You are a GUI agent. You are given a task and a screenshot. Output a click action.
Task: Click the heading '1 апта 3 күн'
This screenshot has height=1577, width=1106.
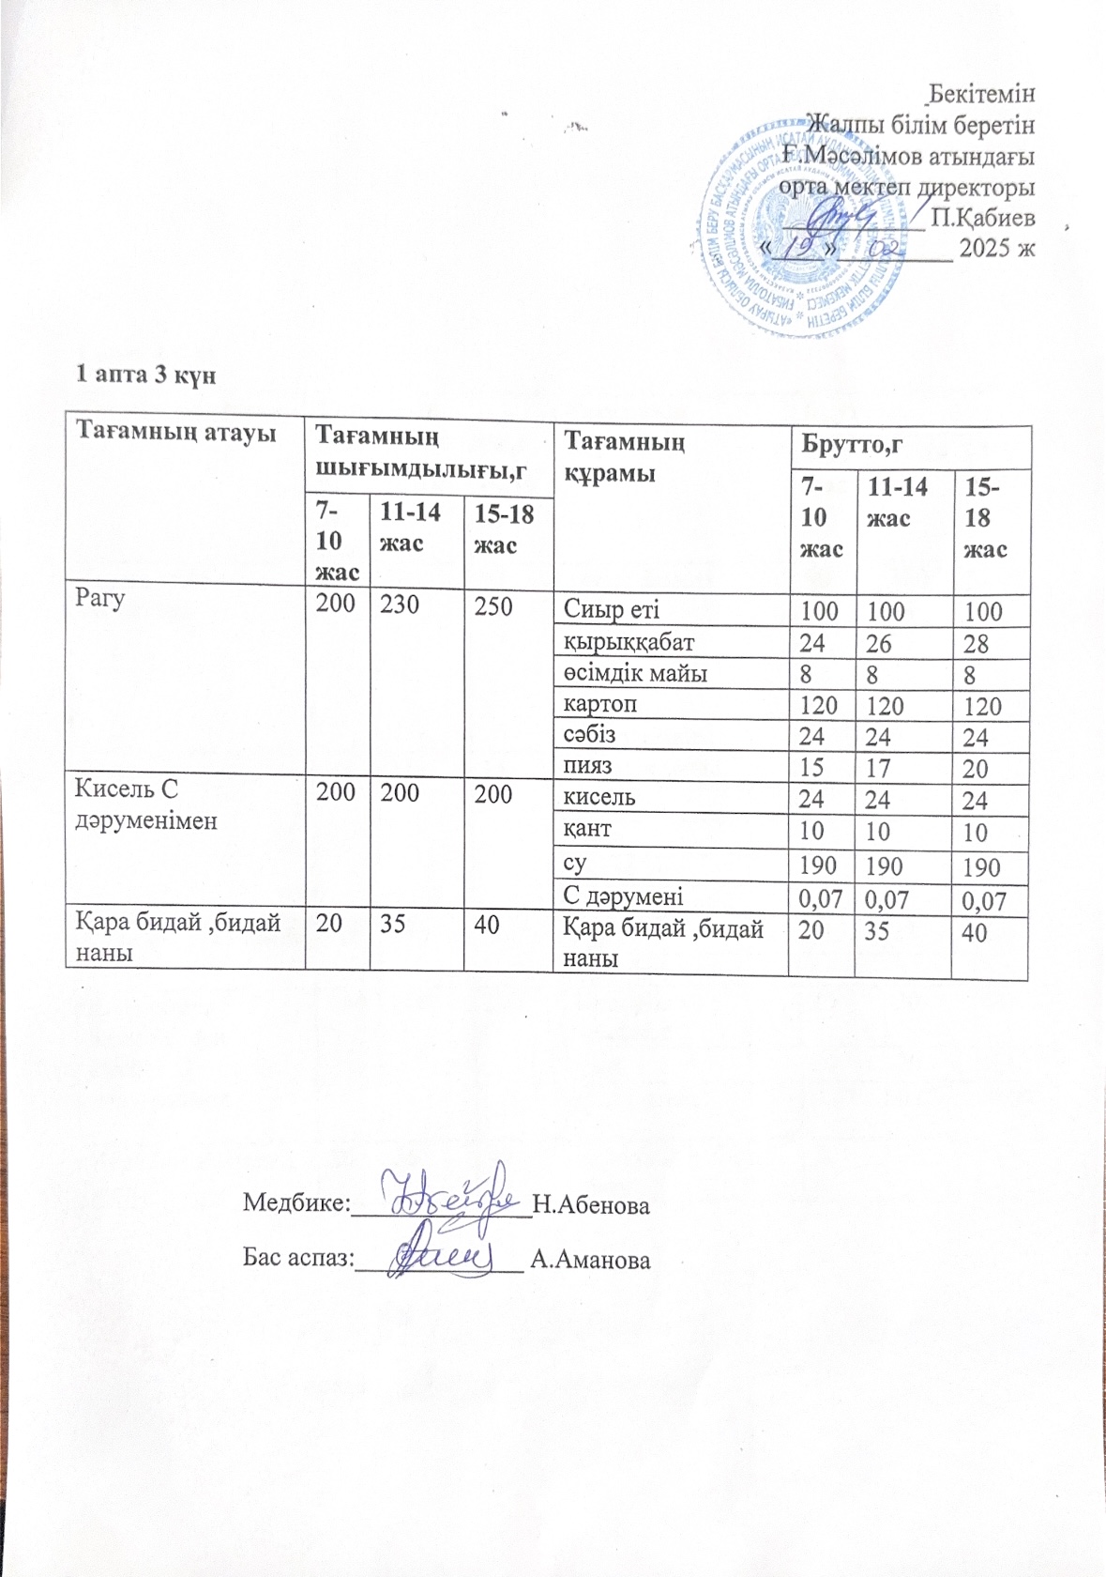145,374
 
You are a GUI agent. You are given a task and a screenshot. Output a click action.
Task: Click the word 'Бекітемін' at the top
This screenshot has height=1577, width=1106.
981,94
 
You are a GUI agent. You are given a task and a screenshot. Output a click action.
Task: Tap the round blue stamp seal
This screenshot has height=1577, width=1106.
802,230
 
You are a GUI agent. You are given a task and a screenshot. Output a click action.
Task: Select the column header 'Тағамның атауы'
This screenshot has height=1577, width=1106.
175,434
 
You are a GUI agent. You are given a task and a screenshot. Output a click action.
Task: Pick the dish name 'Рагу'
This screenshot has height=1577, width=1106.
100,599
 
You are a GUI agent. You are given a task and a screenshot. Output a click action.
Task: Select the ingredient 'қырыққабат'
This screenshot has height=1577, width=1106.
629,641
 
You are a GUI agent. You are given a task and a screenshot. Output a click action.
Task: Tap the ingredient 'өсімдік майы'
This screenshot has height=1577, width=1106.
635,672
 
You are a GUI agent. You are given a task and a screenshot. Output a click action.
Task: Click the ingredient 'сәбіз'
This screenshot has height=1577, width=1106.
589,734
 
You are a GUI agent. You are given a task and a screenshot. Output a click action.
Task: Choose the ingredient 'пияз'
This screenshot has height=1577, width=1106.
587,765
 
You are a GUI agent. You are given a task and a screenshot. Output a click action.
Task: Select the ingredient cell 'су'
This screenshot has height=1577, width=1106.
575,862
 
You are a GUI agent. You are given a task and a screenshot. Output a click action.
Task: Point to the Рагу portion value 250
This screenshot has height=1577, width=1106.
493,606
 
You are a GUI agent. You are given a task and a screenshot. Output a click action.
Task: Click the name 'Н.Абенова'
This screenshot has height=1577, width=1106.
590,1204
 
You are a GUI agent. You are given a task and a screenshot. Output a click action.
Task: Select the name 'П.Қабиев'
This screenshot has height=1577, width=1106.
983,218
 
